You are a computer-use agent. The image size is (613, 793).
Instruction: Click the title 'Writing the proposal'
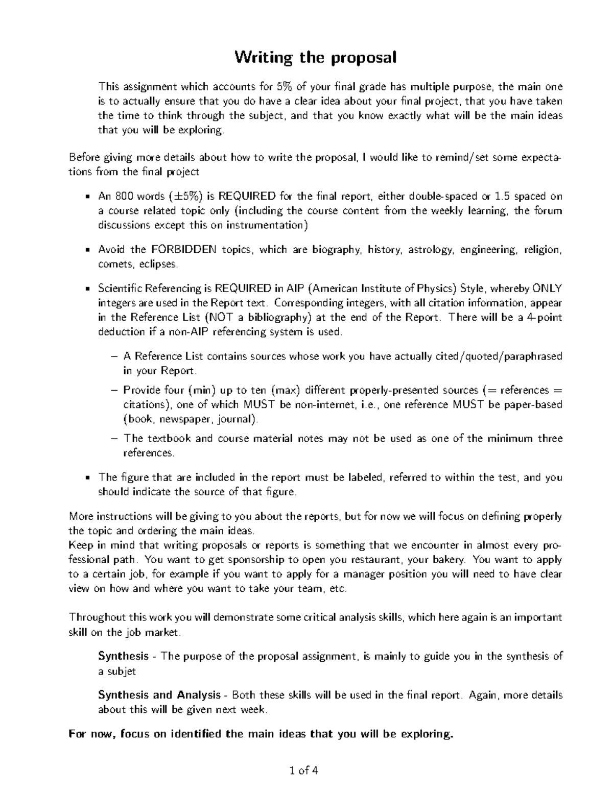click(315, 58)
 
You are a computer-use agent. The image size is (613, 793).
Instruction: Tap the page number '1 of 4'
click(303, 771)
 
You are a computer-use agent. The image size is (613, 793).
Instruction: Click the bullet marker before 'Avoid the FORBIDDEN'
click(87, 250)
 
